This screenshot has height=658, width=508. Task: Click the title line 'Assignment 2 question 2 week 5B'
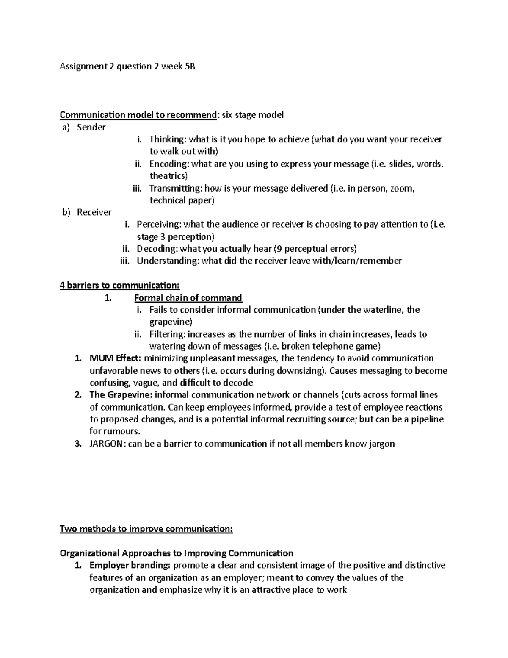(x=127, y=67)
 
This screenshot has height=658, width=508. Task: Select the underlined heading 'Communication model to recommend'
(x=138, y=115)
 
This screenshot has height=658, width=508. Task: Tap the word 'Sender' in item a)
(x=91, y=127)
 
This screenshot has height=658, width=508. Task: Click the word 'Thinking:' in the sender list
(x=168, y=139)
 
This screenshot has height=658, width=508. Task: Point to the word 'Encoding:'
(x=168, y=164)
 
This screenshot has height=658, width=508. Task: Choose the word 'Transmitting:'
(x=174, y=188)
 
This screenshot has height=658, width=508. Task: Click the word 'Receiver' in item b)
(x=94, y=212)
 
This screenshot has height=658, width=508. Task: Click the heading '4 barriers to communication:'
(x=120, y=286)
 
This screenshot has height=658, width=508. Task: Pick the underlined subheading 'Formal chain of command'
(x=188, y=298)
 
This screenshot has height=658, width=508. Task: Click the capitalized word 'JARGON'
(x=106, y=444)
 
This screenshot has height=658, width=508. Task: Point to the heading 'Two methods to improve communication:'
(x=146, y=529)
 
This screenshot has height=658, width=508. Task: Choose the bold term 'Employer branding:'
(x=130, y=566)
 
